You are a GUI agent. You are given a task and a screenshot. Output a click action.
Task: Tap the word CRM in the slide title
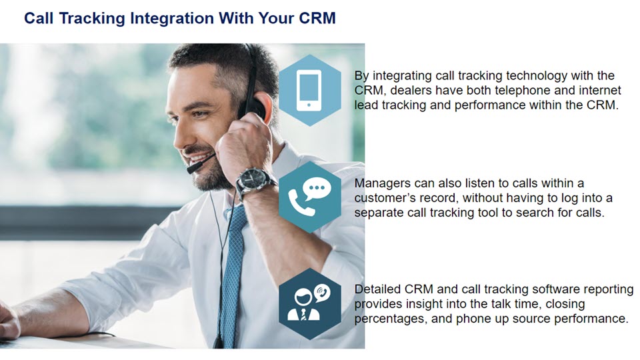[317, 18]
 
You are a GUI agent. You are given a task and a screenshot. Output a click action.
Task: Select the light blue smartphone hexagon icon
[310, 90]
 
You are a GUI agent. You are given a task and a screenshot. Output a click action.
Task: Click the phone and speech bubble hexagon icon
[310, 197]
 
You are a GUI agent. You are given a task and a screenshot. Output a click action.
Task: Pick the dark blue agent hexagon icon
[310, 304]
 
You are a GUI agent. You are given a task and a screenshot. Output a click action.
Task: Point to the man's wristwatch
[254, 181]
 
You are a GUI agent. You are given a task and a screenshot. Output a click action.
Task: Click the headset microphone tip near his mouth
[191, 169]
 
